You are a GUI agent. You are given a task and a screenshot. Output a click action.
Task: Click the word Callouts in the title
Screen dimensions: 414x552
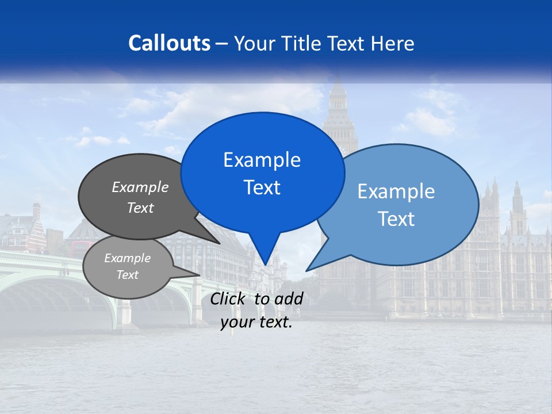tap(169, 43)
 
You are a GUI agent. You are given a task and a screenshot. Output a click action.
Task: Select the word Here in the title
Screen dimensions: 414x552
tap(393, 43)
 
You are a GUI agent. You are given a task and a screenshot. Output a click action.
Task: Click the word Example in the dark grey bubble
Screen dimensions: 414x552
tap(140, 187)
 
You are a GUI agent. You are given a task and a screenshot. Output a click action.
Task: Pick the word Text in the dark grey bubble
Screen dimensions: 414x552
tap(140, 208)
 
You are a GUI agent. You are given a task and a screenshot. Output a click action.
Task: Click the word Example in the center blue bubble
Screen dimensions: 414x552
tap(262, 160)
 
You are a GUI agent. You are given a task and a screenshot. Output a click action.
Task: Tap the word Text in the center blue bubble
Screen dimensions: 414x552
tap(262, 187)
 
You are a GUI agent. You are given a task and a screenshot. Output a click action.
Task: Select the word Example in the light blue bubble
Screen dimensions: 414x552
tap(396, 191)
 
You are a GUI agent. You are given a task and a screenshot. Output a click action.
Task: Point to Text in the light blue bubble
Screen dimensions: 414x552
tap(396, 219)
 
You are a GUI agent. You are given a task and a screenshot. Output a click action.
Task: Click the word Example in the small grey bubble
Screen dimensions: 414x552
tap(127, 258)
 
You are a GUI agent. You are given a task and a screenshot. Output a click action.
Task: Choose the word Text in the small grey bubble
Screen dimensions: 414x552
tap(127, 275)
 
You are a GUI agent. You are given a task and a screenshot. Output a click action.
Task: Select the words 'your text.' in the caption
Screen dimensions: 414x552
tap(256, 323)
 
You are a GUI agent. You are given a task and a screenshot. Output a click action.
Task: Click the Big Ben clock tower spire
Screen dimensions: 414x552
tap(338, 86)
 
